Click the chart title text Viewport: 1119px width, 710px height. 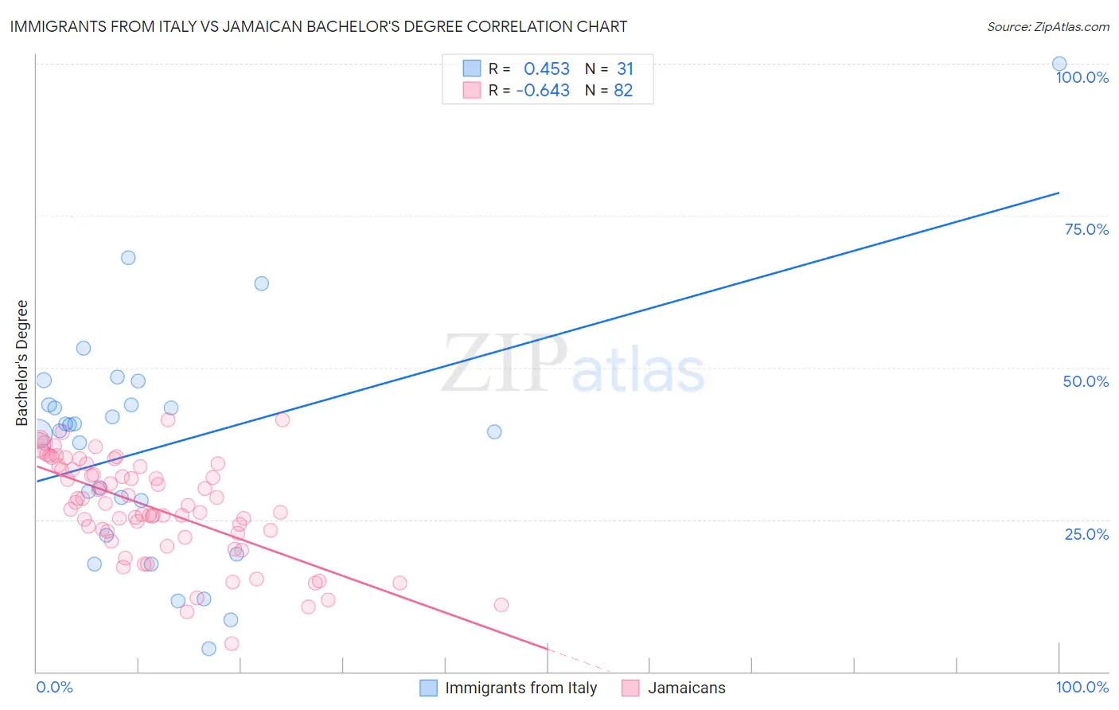coord(318,26)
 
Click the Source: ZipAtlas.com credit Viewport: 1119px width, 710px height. coord(1047,26)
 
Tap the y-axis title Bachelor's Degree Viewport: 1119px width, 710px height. coord(22,363)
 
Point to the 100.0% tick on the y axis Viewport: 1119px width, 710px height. coord(1082,77)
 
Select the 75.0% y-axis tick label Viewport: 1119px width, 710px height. coord(1086,229)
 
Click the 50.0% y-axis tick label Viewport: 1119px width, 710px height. coord(1086,381)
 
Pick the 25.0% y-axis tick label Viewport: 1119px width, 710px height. coord(1086,534)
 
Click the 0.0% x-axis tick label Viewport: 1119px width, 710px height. coord(54,687)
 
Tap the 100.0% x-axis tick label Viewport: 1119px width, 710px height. coord(1082,687)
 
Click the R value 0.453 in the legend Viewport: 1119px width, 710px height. coord(547,69)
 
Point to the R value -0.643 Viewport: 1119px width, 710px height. coord(543,91)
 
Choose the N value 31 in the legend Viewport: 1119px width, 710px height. coord(625,69)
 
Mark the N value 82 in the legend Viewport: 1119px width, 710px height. coord(623,91)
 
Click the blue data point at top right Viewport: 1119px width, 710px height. coord(1059,64)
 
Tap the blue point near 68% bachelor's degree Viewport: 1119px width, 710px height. coord(128,258)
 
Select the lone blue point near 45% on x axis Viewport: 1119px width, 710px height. coord(494,431)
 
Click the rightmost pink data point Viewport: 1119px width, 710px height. coord(501,605)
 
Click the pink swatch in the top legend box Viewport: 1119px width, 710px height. coord(472,91)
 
